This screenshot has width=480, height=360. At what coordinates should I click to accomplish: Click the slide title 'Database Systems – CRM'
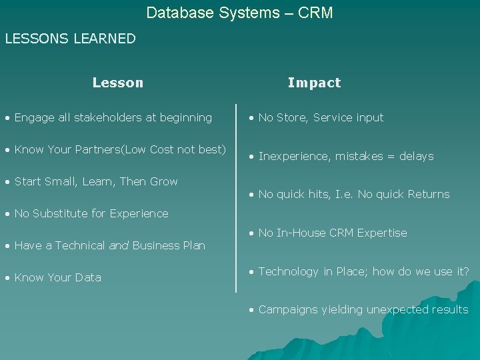point(239,13)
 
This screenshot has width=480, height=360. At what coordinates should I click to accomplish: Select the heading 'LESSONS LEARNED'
point(70,39)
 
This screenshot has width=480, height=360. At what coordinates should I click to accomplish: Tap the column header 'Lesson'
point(118,83)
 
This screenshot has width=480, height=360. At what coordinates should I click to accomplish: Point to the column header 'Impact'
point(314,83)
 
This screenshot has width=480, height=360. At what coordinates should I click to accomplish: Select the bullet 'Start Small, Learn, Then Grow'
point(96,181)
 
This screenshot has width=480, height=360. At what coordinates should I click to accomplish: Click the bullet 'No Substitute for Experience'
point(91,213)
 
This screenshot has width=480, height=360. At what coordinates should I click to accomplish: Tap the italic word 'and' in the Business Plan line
point(119,245)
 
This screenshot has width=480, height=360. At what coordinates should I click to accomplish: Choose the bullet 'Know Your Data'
point(57,277)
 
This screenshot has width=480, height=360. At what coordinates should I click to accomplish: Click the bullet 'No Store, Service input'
point(321,118)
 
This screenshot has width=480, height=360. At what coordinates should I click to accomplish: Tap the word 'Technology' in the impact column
point(288,272)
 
